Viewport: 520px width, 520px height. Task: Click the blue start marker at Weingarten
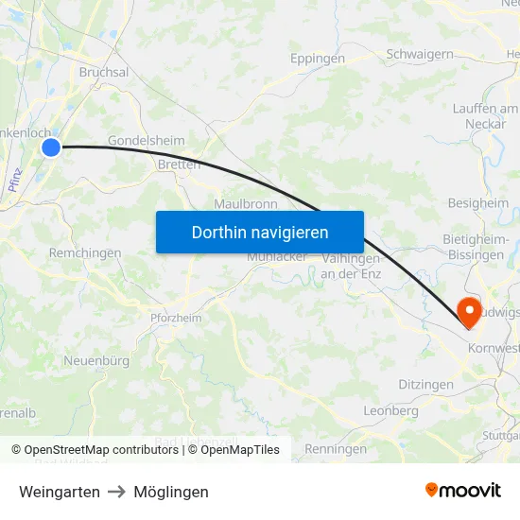[51, 147]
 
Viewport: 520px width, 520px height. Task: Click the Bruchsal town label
[104, 72]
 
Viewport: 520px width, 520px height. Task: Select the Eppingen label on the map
[317, 58]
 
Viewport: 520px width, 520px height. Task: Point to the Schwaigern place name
[419, 55]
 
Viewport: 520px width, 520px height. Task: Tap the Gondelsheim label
[147, 141]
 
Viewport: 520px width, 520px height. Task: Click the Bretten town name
[180, 165]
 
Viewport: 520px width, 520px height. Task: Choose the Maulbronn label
[244, 203]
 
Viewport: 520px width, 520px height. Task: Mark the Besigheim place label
[477, 203]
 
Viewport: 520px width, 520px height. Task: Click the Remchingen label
[85, 253]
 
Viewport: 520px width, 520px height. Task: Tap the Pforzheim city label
[176, 319]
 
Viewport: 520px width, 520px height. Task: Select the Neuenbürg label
[96, 360]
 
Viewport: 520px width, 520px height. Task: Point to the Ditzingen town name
[425, 386]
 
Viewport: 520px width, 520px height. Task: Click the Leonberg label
[391, 411]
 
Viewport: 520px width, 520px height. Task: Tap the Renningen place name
[336, 449]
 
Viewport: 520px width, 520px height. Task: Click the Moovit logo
[463, 490]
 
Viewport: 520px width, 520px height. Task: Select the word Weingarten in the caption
[60, 492]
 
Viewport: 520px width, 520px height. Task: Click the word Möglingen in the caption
[171, 492]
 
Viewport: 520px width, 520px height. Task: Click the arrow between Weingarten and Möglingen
[117, 492]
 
